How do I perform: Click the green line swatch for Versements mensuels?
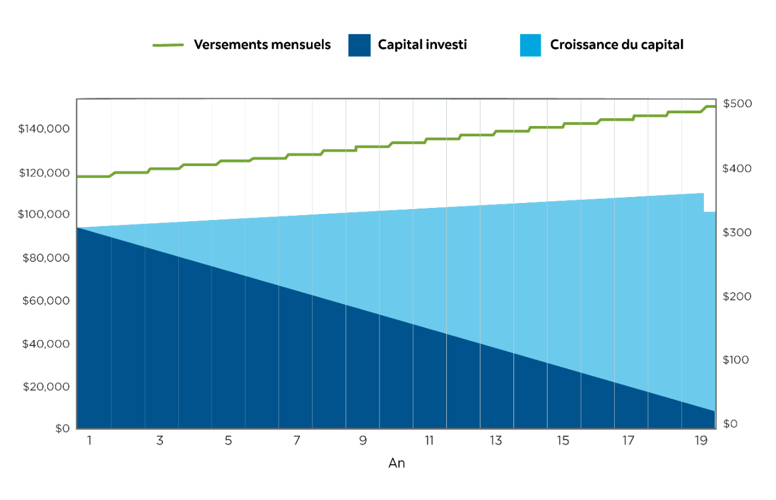pyautogui.click(x=168, y=45)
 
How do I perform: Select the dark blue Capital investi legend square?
pyautogui.click(x=359, y=45)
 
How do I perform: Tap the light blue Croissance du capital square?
pyautogui.click(x=530, y=45)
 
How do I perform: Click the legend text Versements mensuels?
pyautogui.click(x=262, y=45)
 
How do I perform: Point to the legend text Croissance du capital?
pyautogui.click(x=617, y=45)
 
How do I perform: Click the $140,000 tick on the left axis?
pyautogui.click(x=44, y=129)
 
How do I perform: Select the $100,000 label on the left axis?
pyautogui.click(x=44, y=215)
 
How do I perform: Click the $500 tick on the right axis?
pyautogui.click(x=737, y=104)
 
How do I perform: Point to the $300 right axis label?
pyautogui.click(x=737, y=233)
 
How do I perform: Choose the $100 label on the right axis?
pyautogui.click(x=737, y=360)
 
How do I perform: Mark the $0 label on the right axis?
pyautogui.click(x=731, y=424)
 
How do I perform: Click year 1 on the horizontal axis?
pyautogui.click(x=89, y=441)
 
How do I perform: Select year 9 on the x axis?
pyautogui.click(x=363, y=441)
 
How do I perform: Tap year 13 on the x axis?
pyautogui.click(x=496, y=441)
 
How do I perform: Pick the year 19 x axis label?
pyautogui.click(x=701, y=441)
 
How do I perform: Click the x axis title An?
pyautogui.click(x=396, y=464)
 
